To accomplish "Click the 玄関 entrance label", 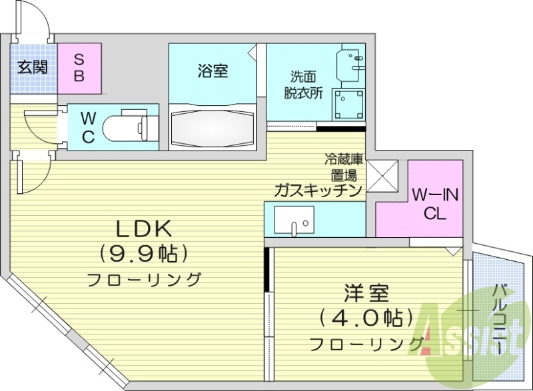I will point(32,67).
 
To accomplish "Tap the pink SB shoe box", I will point(79,68).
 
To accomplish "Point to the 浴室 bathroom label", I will point(213,71).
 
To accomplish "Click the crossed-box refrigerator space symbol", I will point(382,176).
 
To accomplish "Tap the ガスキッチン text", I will point(318,191).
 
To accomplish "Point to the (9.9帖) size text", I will point(144,254).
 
